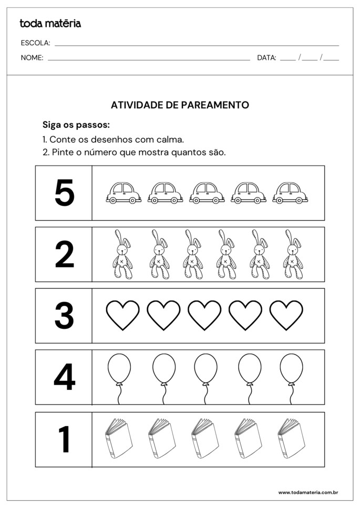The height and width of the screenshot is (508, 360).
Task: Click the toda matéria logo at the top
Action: pyautogui.click(x=50, y=23)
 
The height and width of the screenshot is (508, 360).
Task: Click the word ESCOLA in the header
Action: pyautogui.click(x=35, y=43)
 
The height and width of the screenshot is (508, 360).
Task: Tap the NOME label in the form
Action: pyautogui.click(x=32, y=58)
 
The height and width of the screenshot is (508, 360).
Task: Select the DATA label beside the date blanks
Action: pyautogui.click(x=266, y=58)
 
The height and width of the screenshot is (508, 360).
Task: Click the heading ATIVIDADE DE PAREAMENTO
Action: pyautogui.click(x=180, y=105)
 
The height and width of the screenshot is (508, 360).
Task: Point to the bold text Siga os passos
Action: pyautogui.click(x=76, y=125)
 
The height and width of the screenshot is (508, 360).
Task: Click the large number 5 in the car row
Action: pyautogui.click(x=64, y=193)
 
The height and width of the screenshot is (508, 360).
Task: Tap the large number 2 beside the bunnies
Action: pyautogui.click(x=64, y=255)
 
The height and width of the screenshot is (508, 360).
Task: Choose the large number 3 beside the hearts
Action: pyautogui.click(x=64, y=316)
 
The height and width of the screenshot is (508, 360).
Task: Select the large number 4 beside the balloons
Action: pyautogui.click(x=64, y=377)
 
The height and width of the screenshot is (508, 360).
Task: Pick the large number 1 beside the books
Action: pyautogui.click(x=64, y=439)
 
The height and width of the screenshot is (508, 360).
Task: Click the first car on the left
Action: pyautogui.click(x=124, y=193)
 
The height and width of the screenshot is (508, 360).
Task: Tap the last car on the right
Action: pyautogui.click(x=290, y=193)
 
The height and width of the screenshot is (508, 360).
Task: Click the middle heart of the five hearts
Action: pyautogui.click(x=204, y=315)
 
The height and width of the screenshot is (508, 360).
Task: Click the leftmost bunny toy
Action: pyautogui.click(x=122, y=255)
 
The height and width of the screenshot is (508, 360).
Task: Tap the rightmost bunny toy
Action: pyautogui.click(x=293, y=255)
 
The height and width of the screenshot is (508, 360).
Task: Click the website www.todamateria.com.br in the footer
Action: pyautogui.click(x=307, y=492)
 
